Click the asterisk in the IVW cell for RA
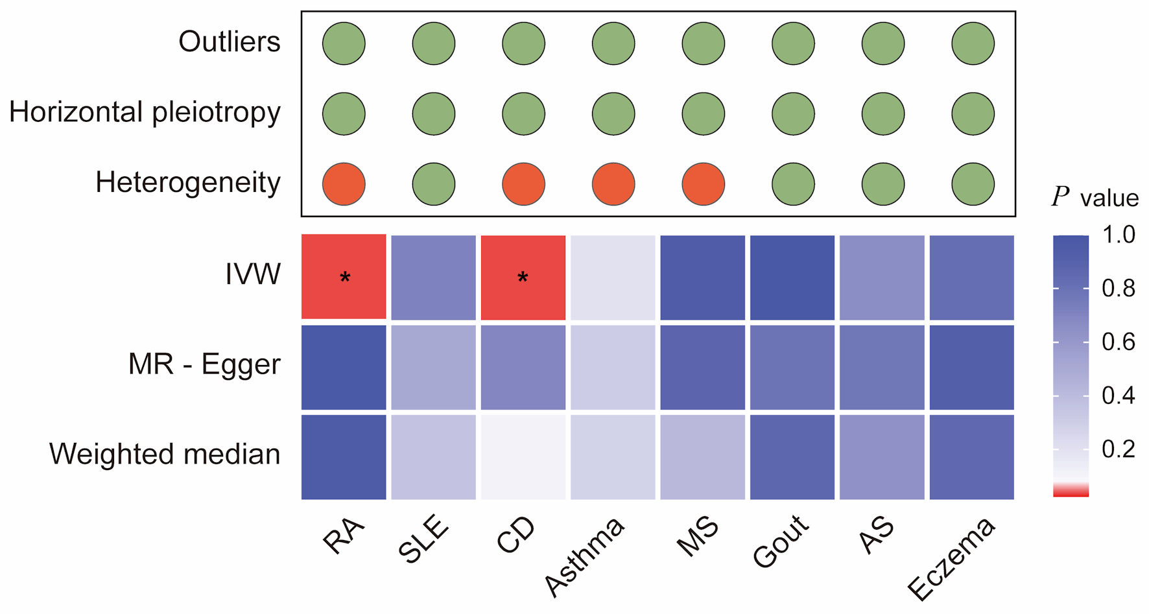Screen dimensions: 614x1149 pyautogui.click(x=345, y=278)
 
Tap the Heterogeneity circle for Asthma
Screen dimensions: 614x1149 pyautogui.click(x=613, y=184)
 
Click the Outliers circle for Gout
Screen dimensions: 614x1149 pyautogui.click(x=793, y=43)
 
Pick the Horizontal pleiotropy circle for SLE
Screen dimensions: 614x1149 pyautogui.click(x=434, y=113)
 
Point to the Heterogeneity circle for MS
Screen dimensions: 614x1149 pyautogui.click(x=704, y=184)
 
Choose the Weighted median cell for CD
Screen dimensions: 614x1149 pyautogui.click(x=523, y=457)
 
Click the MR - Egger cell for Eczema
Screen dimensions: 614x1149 pyautogui.click(x=972, y=367)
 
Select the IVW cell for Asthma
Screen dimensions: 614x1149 pyautogui.click(x=613, y=277)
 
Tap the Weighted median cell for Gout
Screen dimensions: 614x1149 pyautogui.click(x=792, y=457)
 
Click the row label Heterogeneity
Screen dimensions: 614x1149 pyautogui.click(x=188, y=183)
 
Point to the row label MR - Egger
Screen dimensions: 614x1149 pyautogui.click(x=204, y=364)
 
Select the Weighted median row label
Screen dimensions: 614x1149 pyautogui.click(x=165, y=454)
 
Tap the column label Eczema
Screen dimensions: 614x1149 pyautogui.click(x=951, y=558)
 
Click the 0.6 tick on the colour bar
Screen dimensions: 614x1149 pyautogui.click(x=1119, y=342)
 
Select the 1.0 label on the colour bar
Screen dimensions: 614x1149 pyautogui.click(x=1119, y=235)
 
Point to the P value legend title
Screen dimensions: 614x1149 pyautogui.click(x=1095, y=197)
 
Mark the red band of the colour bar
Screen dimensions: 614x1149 pyautogui.click(x=1071, y=491)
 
